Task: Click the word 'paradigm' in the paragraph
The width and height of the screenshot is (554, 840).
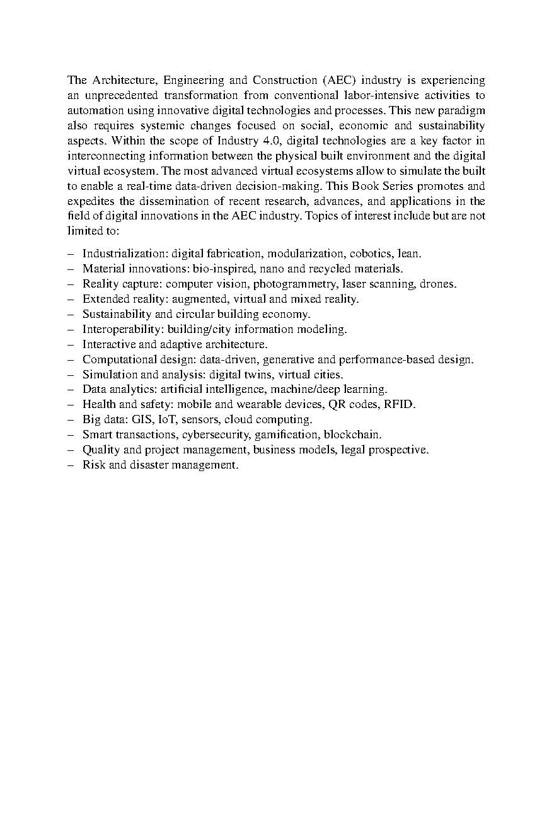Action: pos(462,111)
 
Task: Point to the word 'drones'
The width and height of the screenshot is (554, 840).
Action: pos(437,284)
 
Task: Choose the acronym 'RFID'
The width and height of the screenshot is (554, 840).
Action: pos(400,405)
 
